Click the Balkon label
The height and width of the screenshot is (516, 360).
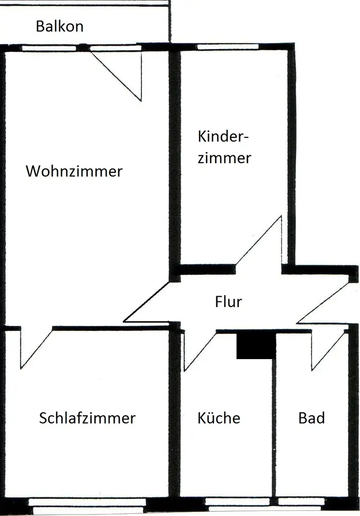(x=59, y=26)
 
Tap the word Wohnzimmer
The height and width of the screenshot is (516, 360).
(x=74, y=171)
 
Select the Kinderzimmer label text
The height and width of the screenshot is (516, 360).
(x=224, y=147)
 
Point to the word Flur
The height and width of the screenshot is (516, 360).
(x=228, y=301)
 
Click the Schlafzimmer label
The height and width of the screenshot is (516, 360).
(x=87, y=417)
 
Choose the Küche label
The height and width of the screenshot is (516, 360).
(x=219, y=417)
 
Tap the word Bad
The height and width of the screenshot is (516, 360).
(x=312, y=417)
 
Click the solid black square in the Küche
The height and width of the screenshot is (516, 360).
(x=255, y=345)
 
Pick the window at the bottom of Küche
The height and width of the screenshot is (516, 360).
(x=237, y=502)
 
